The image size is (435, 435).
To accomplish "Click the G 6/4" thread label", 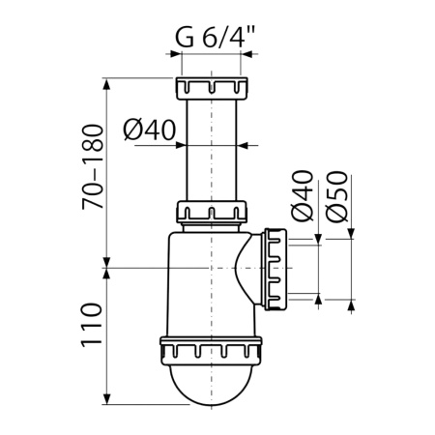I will click(213, 41).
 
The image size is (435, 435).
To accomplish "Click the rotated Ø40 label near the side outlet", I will click(302, 197).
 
